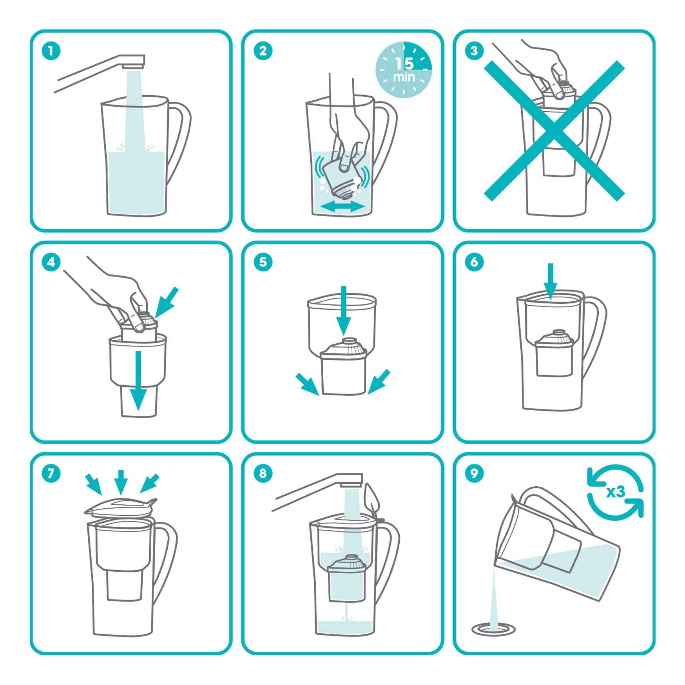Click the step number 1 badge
click(51, 51)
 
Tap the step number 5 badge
click(263, 262)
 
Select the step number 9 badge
click(474, 473)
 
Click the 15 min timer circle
click(404, 70)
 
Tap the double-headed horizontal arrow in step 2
click(342, 206)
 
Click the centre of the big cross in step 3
click(554, 131)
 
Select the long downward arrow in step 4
click(138, 381)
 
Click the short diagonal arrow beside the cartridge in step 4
click(167, 303)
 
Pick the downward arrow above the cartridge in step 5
click(344, 310)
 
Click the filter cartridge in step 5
click(344, 366)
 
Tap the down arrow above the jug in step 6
click(551, 281)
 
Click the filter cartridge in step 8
click(347, 578)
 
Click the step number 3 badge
click(474, 51)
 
